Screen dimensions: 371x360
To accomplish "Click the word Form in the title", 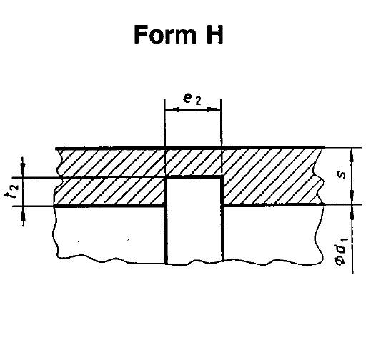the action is (x=165, y=34).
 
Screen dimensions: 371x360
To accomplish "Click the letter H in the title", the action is (x=214, y=34).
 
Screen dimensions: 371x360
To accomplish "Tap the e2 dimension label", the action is (x=192, y=99).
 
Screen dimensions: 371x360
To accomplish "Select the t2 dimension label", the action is (x=11, y=191).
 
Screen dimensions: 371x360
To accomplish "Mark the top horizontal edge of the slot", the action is (x=194, y=177).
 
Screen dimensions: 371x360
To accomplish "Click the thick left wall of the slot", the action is (x=166, y=220).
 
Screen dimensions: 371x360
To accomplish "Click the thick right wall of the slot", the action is (x=222, y=219).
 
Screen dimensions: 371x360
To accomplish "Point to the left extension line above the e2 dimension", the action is (x=164, y=124).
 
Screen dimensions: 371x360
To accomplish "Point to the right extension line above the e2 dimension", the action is (x=222, y=123).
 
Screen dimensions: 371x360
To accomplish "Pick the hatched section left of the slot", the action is (x=109, y=177).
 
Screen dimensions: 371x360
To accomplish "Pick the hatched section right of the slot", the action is (x=272, y=176).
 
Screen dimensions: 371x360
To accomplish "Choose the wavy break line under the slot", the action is (x=194, y=264).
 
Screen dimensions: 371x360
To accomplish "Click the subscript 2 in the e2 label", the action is (x=198, y=101).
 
